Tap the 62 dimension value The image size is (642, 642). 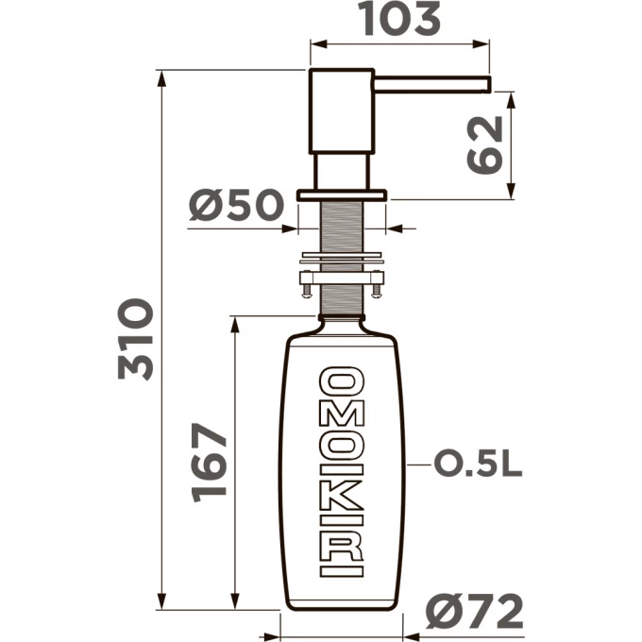tap(485, 145)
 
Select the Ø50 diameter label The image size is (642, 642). tap(236, 204)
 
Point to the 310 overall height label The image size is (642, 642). tap(136, 340)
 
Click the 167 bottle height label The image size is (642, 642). tap(209, 463)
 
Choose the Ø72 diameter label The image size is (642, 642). tap(475, 611)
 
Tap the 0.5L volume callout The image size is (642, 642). tap(479, 465)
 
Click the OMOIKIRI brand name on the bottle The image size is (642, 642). tap(342, 472)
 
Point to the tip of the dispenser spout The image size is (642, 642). tap(490, 84)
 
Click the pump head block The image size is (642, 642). tap(342, 111)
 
